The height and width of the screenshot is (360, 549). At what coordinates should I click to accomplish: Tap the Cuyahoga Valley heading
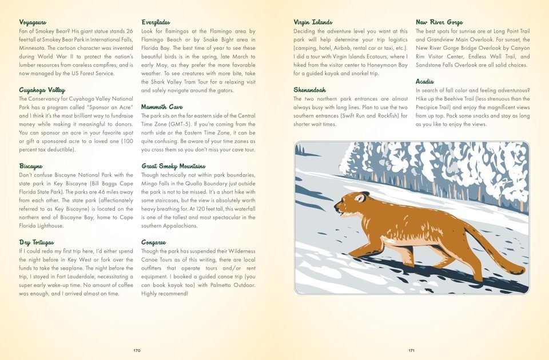coord(42,90)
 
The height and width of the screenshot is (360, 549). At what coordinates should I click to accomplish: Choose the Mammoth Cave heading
coord(162,107)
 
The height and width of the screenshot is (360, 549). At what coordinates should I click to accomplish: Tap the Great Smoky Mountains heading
coord(173,166)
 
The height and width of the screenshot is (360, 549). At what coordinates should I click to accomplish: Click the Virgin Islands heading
coord(313,22)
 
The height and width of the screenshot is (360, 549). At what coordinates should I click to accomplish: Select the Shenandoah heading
coord(309,90)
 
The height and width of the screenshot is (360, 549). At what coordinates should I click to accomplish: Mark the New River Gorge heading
coord(439,22)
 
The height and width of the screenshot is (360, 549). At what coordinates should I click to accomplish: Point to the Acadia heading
coord(425,82)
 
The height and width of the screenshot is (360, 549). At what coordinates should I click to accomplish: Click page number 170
coord(137,350)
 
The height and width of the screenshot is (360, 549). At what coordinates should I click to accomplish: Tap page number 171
coord(412,350)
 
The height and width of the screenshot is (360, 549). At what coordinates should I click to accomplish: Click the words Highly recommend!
coord(165,294)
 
